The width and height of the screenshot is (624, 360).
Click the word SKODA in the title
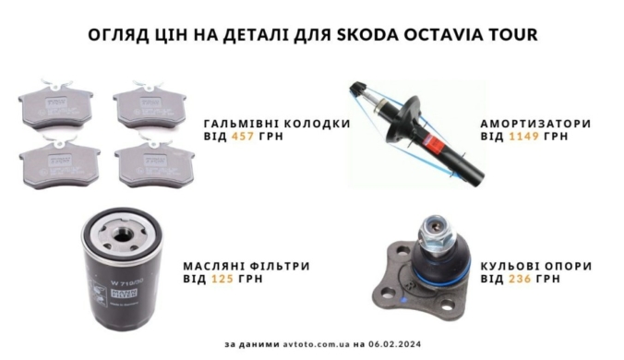[367, 34]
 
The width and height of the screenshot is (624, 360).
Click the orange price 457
[243, 136]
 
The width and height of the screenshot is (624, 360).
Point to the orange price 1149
[524, 136]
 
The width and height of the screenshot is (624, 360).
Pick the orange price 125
[222, 279]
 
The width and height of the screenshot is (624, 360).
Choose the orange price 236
[520, 279]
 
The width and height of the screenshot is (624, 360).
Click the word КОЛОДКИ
[318, 124]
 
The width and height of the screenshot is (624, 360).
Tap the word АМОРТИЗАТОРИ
[535, 124]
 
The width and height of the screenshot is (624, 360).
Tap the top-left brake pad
[56, 105]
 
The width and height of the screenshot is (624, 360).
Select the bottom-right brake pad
[155, 164]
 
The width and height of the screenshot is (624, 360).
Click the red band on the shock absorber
[433, 143]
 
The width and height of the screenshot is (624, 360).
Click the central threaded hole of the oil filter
[121, 234]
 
